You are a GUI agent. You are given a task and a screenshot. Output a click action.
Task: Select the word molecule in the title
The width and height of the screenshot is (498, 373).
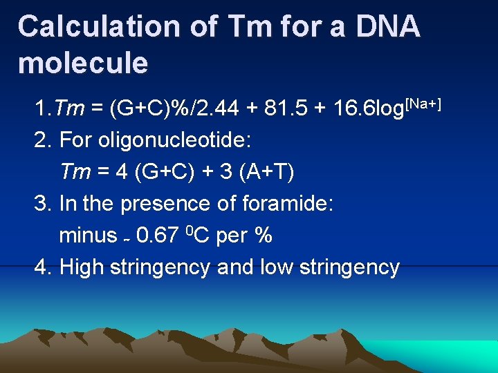click(x=83, y=63)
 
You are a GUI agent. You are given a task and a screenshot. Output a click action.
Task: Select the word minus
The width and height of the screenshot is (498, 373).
click(x=88, y=236)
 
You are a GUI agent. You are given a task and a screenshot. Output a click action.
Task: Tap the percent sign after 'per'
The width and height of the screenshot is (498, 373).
click(x=264, y=236)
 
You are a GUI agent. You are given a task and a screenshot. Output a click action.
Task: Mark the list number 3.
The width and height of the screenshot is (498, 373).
click(x=40, y=204)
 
